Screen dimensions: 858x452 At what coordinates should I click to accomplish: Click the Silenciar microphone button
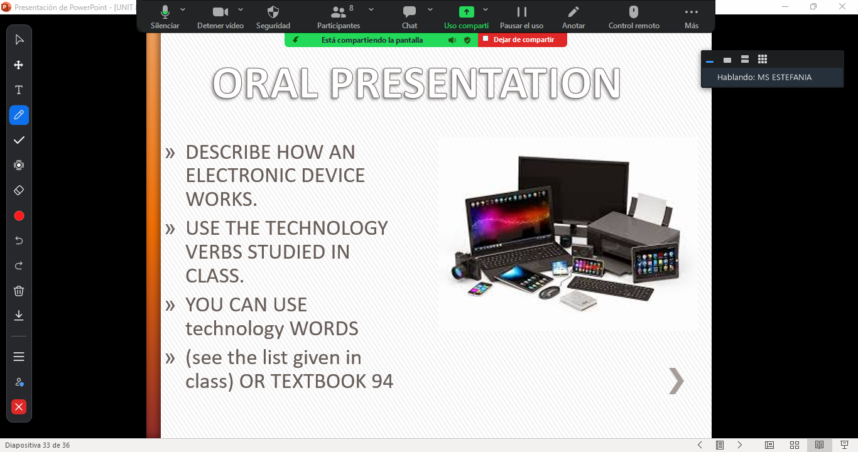tap(165, 17)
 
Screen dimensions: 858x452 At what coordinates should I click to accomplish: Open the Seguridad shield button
tap(273, 17)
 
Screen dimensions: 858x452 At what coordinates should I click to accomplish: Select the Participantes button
tap(339, 17)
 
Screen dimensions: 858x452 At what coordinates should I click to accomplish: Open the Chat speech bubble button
tap(409, 17)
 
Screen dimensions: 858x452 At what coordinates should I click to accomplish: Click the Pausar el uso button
tap(521, 17)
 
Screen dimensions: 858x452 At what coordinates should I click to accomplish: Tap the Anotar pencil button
tap(573, 17)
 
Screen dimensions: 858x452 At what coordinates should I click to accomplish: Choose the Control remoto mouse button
tap(634, 17)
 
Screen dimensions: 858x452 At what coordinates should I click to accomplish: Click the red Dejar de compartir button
tap(523, 40)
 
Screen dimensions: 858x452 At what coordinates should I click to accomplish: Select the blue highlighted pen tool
tap(19, 115)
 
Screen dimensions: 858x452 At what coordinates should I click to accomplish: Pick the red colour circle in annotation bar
tap(19, 216)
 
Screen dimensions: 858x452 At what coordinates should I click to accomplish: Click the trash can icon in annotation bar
tap(19, 291)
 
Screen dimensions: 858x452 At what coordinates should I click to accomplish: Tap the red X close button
tap(19, 407)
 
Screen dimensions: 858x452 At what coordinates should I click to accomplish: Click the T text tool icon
tap(19, 90)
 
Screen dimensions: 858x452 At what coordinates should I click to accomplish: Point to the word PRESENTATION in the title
tap(475, 83)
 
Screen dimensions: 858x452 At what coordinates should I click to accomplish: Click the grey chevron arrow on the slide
tap(676, 381)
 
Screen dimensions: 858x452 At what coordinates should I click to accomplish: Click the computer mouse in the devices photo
tap(549, 293)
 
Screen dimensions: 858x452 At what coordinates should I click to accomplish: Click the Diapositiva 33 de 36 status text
tap(38, 445)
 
